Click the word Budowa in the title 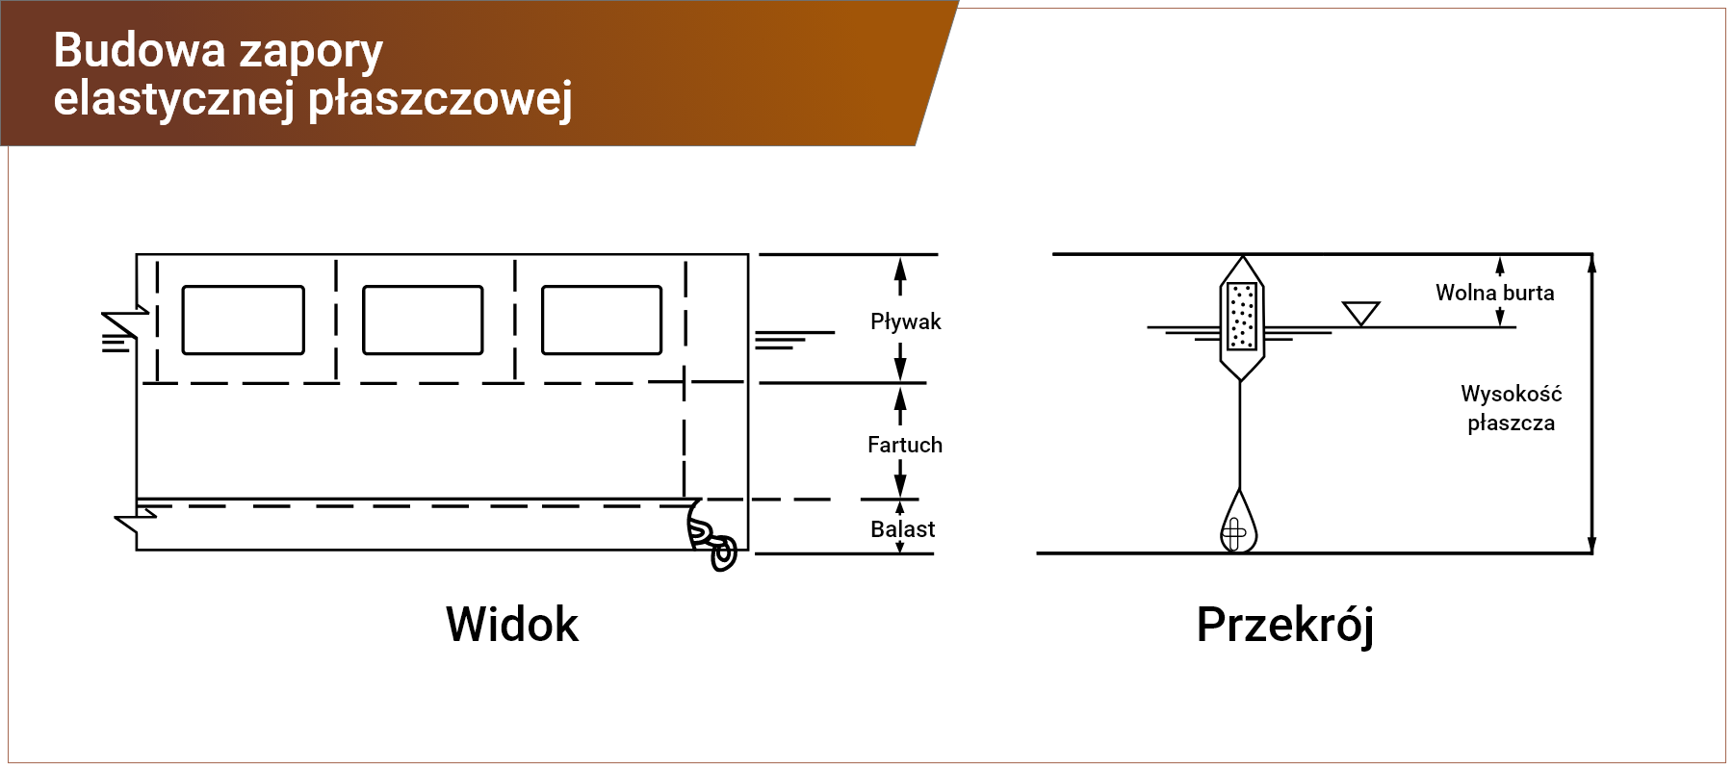pyautogui.click(x=139, y=50)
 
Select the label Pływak pyautogui.click(x=905, y=321)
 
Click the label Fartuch pyautogui.click(x=905, y=445)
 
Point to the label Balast pyautogui.click(x=903, y=529)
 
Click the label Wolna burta pyautogui.click(x=1494, y=293)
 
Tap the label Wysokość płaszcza pyautogui.click(x=1511, y=408)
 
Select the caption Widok pyautogui.click(x=512, y=625)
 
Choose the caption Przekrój pyautogui.click(x=1284, y=626)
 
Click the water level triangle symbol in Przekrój pyautogui.click(x=1360, y=314)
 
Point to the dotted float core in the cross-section pyautogui.click(x=1242, y=316)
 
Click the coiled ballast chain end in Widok pyautogui.click(x=712, y=539)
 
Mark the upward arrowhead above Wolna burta pyautogui.click(x=1500, y=265)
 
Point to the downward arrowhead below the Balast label pyautogui.click(x=900, y=547)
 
